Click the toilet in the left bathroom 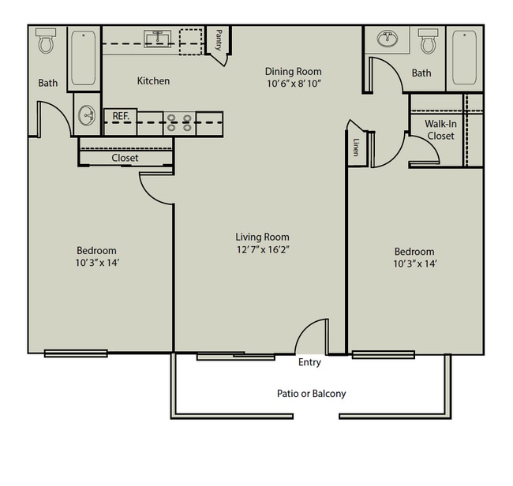click(x=46, y=40)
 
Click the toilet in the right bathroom click(x=428, y=41)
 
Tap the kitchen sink click(x=158, y=39)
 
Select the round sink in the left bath click(x=87, y=115)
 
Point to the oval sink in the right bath click(x=388, y=39)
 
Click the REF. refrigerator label click(x=121, y=116)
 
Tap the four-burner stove click(x=179, y=123)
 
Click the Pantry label click(x=219, y=40)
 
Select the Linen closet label click(x=356, y=147)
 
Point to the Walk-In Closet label click(x=440, y=130)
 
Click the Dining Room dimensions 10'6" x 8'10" click(x=294, y=84)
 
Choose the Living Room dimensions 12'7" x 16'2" click(x=263, y=250)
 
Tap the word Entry click(x=309, y=362)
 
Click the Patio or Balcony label click(x=312, y=394)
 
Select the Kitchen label click(x=153, y=80)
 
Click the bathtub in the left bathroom click(x=84, y=58)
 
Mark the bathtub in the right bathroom click(x=465, y=58)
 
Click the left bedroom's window click(x=76, y=353)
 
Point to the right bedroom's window click(x=384, y=354)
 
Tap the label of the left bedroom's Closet click(x=125, y=158)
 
